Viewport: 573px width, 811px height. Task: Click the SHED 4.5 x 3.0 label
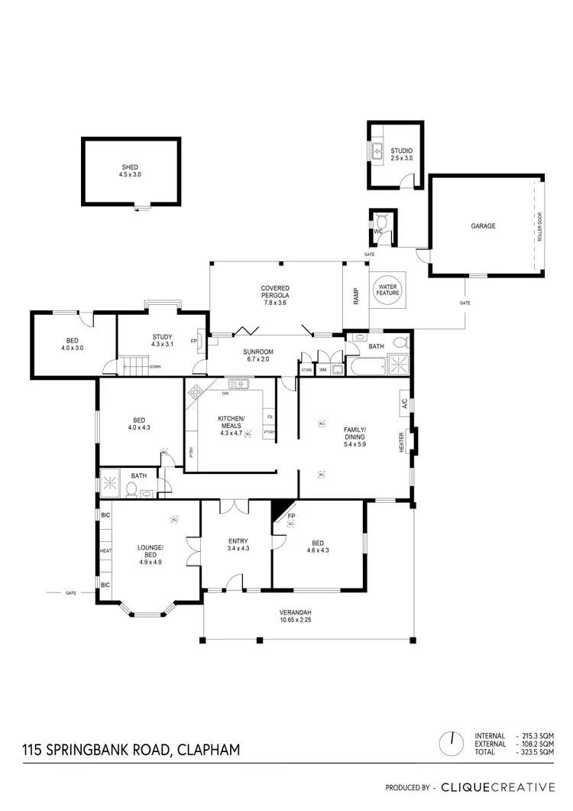[130, 170]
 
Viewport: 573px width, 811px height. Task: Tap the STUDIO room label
[401, 154]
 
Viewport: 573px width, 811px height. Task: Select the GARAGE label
[483, 225]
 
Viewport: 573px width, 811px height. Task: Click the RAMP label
[356, 297]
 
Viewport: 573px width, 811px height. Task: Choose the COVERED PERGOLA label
[274, 293]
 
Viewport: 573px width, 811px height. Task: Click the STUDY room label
[161, 340]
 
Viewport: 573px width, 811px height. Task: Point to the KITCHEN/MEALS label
[231, 423]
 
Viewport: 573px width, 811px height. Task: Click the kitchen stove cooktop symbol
[195, 391]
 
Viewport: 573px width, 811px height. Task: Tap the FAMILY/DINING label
[355, 434]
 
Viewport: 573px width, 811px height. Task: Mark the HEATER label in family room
[400, 443]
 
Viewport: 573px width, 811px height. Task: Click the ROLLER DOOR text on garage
[539, 227]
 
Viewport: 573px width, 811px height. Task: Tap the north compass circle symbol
[452, 741]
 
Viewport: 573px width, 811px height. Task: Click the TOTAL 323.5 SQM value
[536, 752]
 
